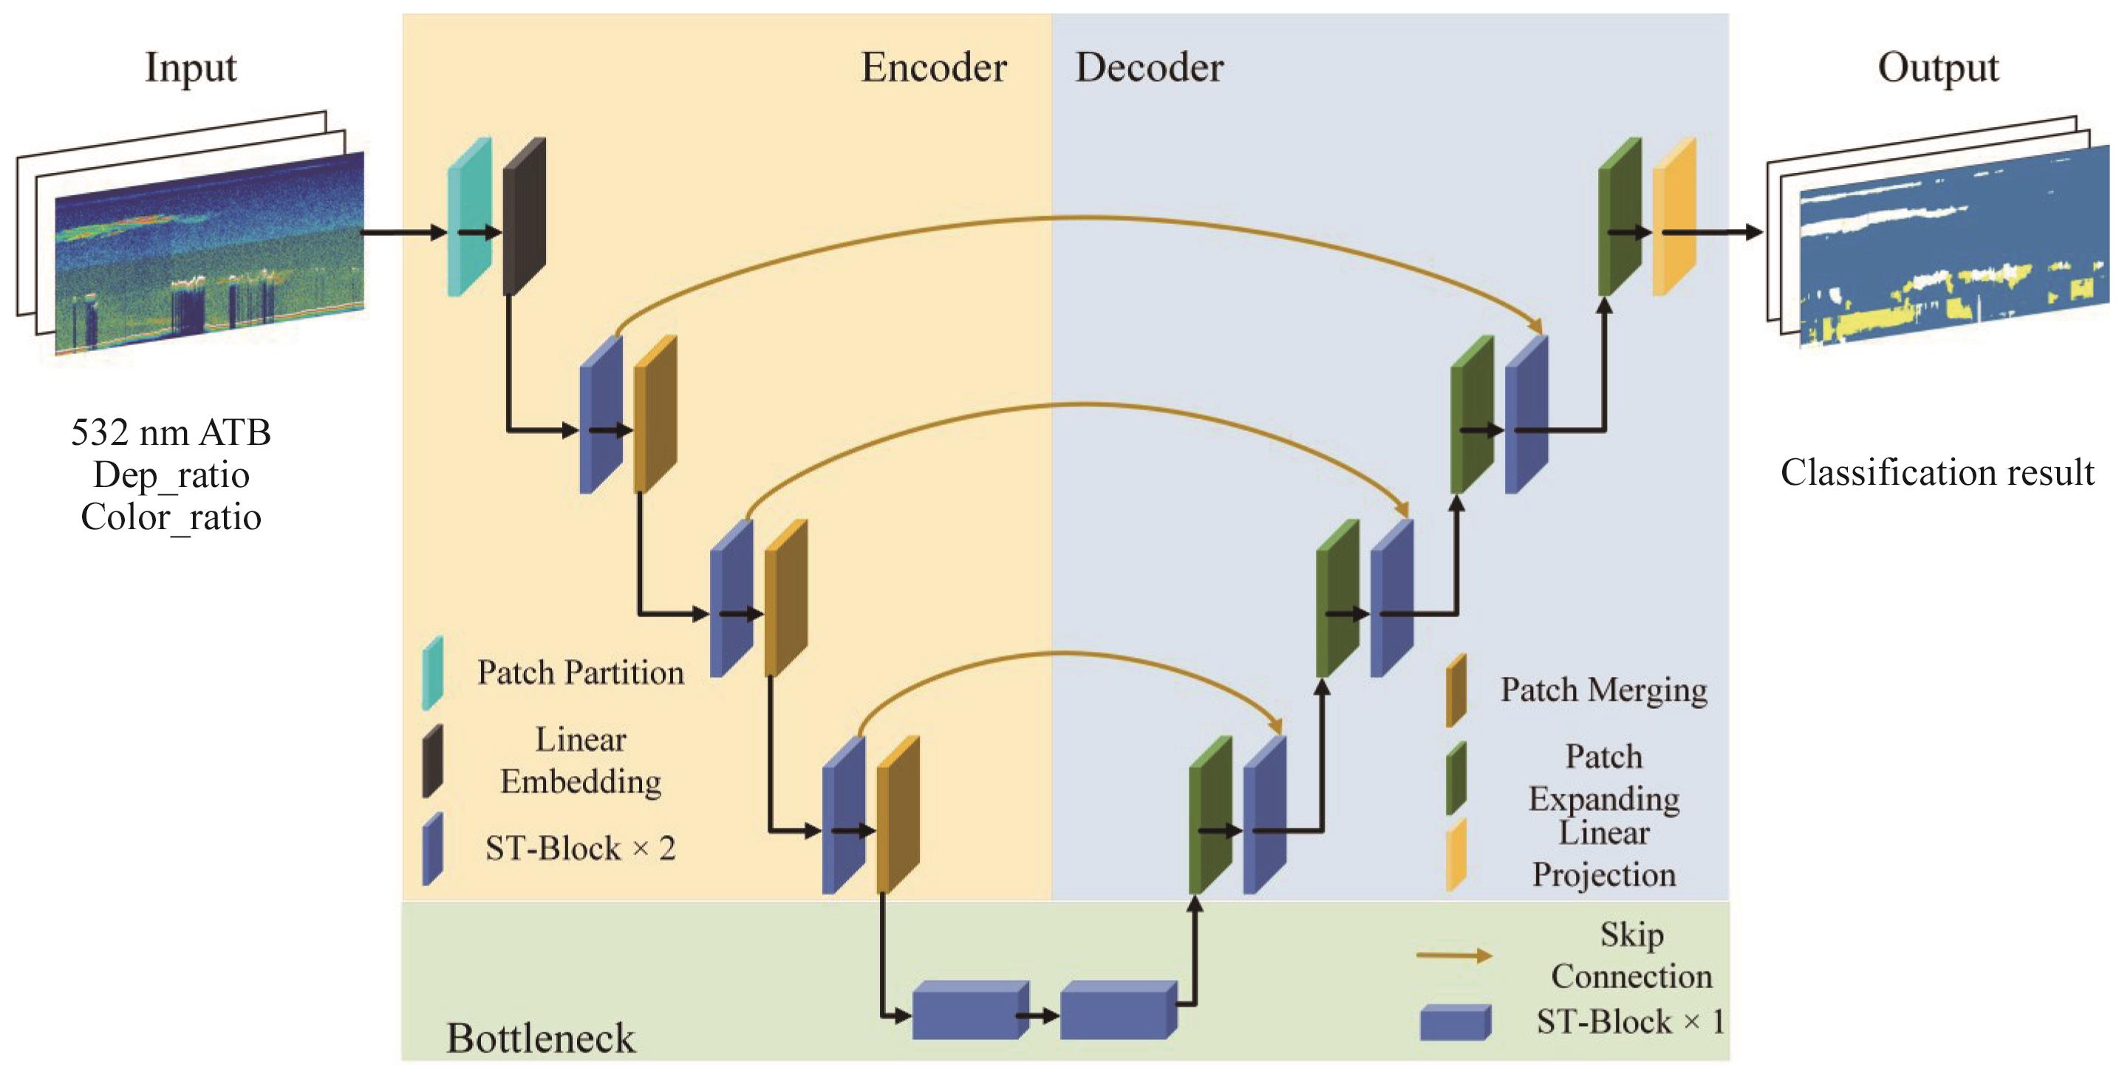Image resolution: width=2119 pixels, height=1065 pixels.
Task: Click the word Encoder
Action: coord(933,67)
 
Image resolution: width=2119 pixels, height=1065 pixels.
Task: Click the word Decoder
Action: coord(1148,67)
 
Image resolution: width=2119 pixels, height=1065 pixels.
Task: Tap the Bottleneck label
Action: coord(540,1037)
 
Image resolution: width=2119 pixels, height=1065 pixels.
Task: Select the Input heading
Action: coord(190,67)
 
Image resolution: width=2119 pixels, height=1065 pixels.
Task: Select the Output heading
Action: coord(1937,67)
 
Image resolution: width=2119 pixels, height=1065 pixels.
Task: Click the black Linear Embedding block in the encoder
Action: coord(524,217)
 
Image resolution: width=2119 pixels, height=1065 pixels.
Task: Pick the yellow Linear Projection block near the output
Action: coord(1674,217)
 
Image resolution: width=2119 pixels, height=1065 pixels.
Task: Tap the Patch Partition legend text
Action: coord(580,673)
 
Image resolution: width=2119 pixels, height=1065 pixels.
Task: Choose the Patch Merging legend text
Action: coord(1603,689)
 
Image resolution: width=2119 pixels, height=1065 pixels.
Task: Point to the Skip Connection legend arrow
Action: coord(1453,956)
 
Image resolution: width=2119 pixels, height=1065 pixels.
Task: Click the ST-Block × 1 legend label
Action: coord(1630,1021)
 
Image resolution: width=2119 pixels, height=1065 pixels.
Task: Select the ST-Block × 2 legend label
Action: coord(580,848)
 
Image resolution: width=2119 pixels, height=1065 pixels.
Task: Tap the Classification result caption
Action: coord(1937,472)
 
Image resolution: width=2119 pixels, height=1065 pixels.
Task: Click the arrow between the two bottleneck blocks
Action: coord(1039,1015)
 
